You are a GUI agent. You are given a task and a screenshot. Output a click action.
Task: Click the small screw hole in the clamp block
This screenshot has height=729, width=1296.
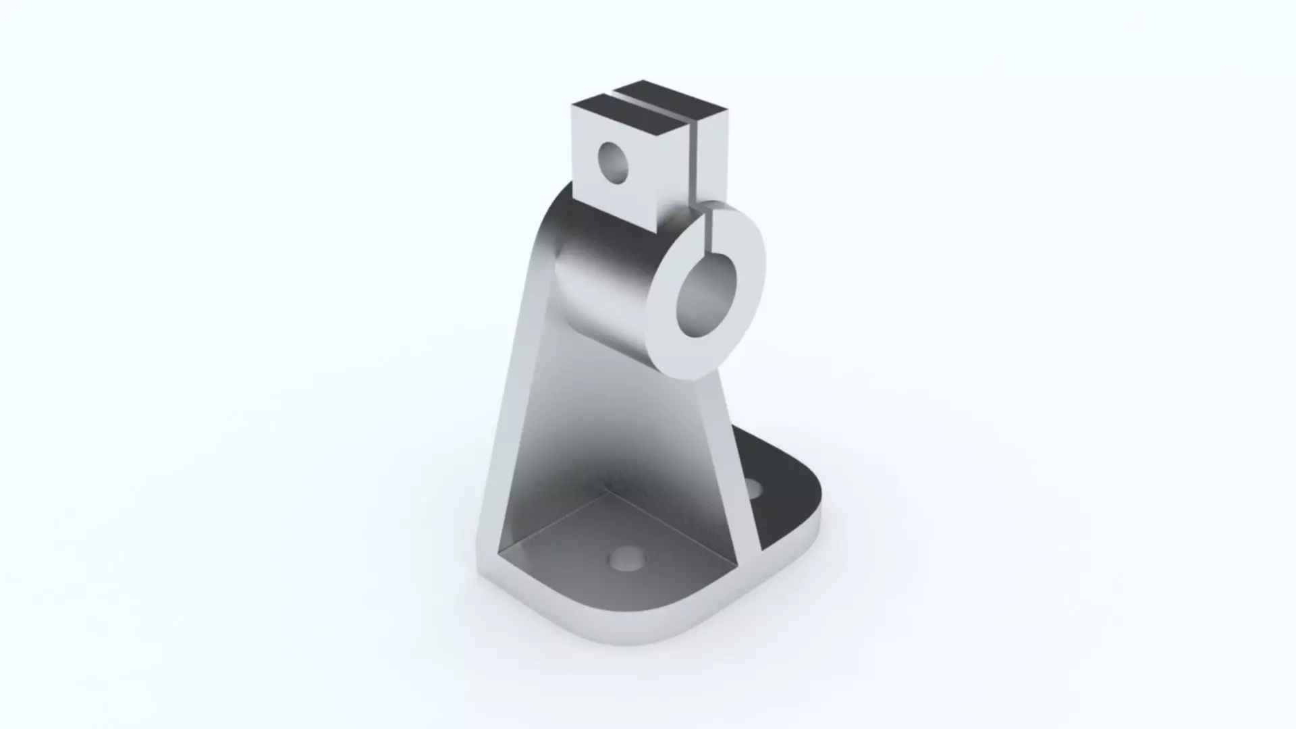coord(613,163)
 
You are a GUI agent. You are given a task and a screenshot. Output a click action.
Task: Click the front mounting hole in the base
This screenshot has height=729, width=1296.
coord(627,560)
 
